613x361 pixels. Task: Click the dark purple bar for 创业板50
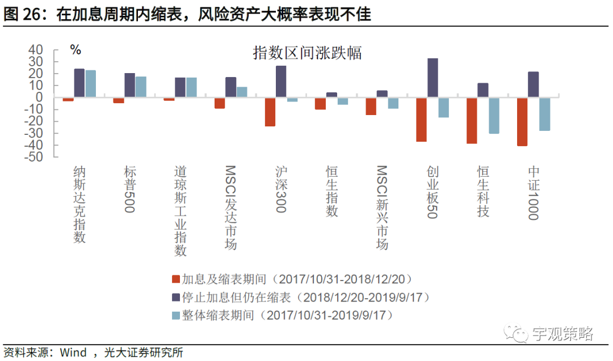(x=433, y=78)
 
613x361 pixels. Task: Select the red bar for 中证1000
(x=522, y=121)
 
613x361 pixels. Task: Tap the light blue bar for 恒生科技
(x=494, y=115)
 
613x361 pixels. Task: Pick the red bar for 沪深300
(x=270, y=112)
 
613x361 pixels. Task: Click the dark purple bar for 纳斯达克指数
(x=79, y=83)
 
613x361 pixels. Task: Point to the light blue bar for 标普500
(x=141, y=87)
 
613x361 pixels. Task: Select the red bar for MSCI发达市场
(x=220, y=103)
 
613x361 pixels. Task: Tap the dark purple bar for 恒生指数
(x=331, y=95)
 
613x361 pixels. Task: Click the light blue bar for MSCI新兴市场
(x=393, y=103)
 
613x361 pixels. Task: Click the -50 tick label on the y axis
(x=33, y=158)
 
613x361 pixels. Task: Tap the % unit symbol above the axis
(x=75, y=50)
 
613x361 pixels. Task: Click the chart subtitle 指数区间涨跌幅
(x=307, y=53)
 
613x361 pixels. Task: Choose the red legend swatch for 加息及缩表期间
(x=175, y=279)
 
